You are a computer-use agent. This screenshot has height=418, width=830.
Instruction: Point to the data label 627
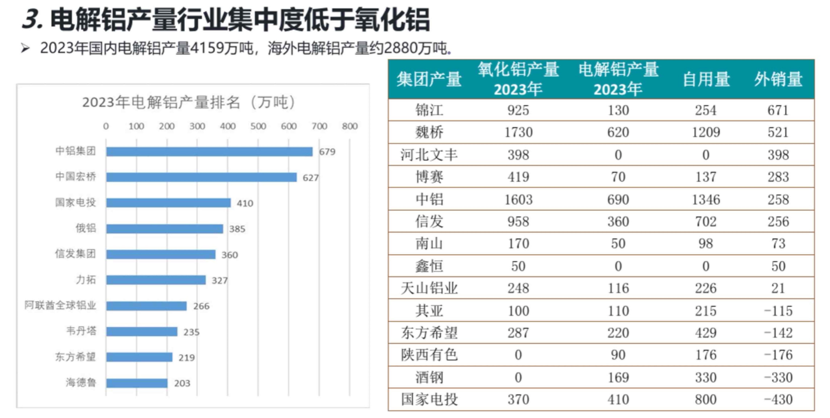pos(311,178)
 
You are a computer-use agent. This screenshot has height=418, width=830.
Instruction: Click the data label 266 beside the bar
pos(201,306)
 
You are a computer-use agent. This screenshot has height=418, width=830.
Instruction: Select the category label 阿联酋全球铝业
pos(60,306)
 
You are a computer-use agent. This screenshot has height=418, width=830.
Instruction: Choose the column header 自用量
pos(706,79)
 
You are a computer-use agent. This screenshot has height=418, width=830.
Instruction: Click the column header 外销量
pos(778,79)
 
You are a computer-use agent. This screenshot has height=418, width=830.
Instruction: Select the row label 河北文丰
pos(429,155)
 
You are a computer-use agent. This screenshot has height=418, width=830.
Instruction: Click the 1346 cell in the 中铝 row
pos(706,200)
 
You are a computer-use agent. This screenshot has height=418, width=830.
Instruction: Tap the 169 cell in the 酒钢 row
pos(618,377)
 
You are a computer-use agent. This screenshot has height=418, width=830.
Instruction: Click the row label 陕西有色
pos(429,355)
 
